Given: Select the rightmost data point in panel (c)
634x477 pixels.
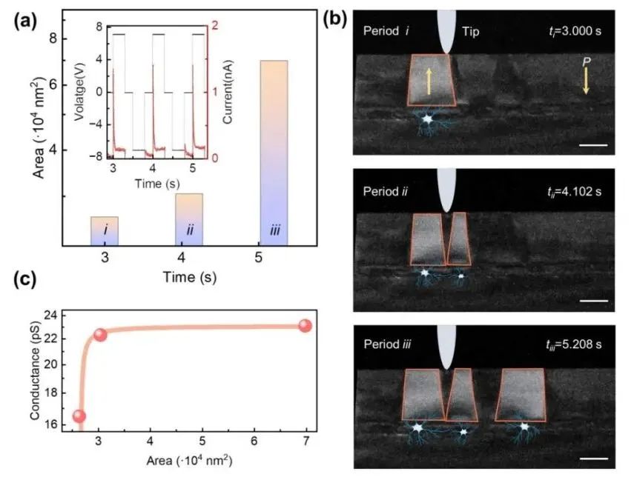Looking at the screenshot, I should point(305,326).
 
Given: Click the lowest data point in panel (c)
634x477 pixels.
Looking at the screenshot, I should point(79,416).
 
